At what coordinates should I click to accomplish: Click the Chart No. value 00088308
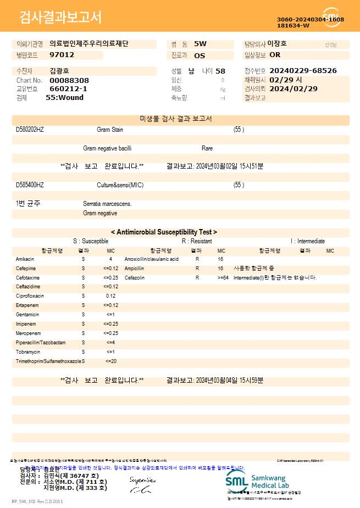tap(69, 80)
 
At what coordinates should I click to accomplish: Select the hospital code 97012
tap(62, 55)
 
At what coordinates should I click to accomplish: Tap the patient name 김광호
tap(59, 71)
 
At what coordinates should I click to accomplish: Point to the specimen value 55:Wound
tap(64, 98)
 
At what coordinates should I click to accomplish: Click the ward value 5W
tap(200, 43)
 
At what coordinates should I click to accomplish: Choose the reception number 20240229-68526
tap(303, 71)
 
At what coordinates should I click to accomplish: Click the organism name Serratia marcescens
tap(107, 204)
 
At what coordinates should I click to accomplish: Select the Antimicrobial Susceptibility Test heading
tap(164, 232)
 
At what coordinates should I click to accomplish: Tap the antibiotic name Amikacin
tap(25, 259)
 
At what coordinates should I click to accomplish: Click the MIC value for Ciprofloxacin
tap(110, 296)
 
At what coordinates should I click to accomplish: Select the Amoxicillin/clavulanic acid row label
tap(152, 259)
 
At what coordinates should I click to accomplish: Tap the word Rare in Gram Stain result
tap(207, 148)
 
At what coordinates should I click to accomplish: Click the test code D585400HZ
tap(30, 185)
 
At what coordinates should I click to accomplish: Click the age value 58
tap(220, 71)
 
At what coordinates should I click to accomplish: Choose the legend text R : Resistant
tap(197, 241)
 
